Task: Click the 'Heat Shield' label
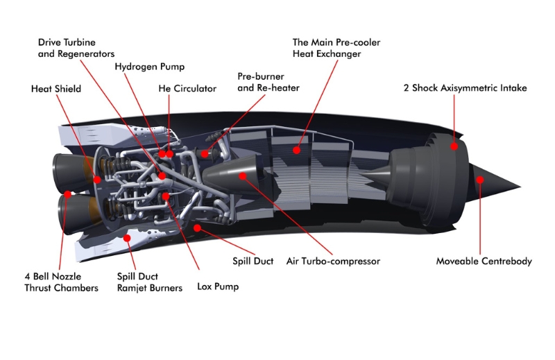[56, 89]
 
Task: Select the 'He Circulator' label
[187, 89]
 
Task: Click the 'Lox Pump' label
[217, 286]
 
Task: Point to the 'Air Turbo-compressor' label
[333, 262]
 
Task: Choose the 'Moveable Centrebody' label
[484, 262]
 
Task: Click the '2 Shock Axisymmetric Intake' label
[466, 88]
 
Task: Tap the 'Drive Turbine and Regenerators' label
[76, 48]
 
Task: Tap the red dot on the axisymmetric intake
[455, 146]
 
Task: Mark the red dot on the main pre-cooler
[296, 148]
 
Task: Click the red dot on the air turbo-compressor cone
[242, 177]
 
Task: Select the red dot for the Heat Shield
[97, 180]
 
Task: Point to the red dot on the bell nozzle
[67, 195]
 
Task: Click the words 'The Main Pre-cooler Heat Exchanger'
[336, 48]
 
